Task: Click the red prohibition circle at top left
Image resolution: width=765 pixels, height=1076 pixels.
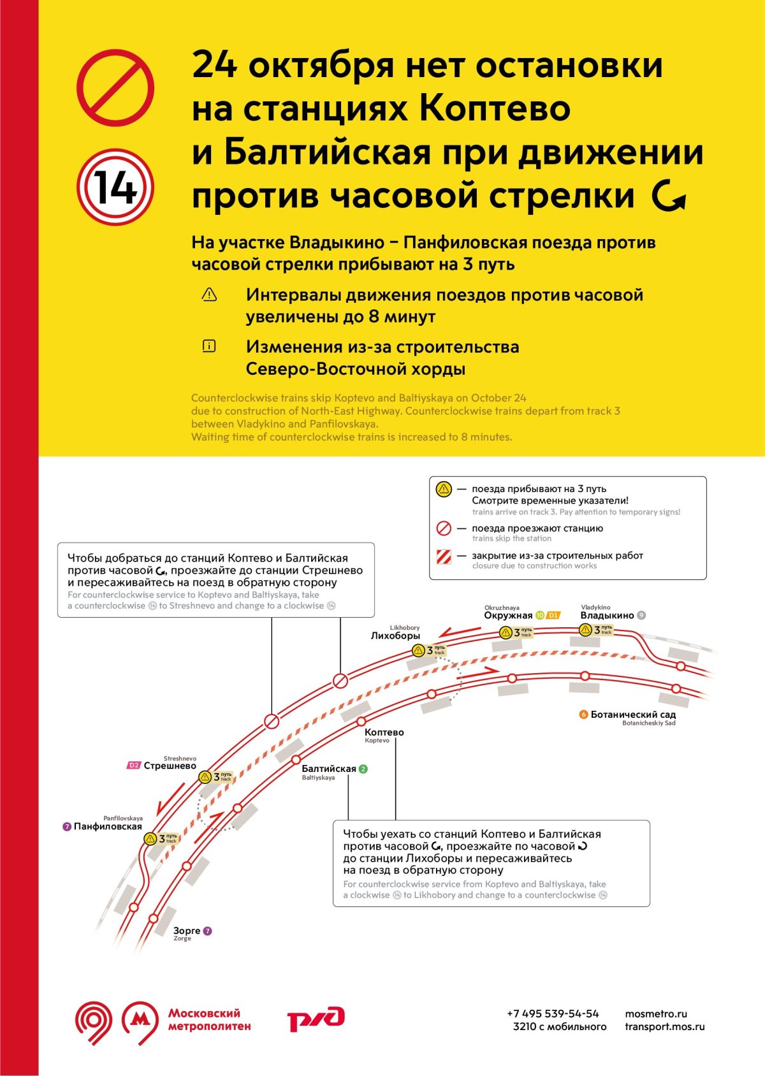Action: tap(115, 87)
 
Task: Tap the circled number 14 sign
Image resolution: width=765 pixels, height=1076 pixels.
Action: tap(115, 187)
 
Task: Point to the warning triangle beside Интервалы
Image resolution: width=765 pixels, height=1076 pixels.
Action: tap(209, 294)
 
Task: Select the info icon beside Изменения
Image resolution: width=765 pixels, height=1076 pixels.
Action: tap(209, 346)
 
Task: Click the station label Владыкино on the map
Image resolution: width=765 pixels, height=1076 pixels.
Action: tap(607, 615)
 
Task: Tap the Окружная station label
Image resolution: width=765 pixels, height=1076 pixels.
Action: tap(508, 615)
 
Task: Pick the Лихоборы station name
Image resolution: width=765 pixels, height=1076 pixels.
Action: tap(395, 636)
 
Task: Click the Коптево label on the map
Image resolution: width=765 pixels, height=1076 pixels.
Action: tap(384, 732)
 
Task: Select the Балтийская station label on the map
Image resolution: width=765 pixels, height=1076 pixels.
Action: tap(328, 769)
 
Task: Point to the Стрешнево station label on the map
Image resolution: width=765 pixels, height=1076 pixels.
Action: tap(170, 766)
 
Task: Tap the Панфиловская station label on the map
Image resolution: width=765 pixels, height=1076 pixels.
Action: tap(108, 826)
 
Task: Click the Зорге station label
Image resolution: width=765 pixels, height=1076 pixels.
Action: tap(187, 931)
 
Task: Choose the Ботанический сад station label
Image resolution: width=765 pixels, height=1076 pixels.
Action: tap(632, 715)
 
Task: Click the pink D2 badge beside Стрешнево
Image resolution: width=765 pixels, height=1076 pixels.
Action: tap(134, 766)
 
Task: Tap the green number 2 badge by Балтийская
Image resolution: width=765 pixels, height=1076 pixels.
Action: tap(363, 769)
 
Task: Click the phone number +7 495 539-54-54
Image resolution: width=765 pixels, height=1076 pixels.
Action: tap(553, 1014)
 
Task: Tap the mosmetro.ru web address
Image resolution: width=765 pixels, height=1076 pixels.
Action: tap(656, 1014)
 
